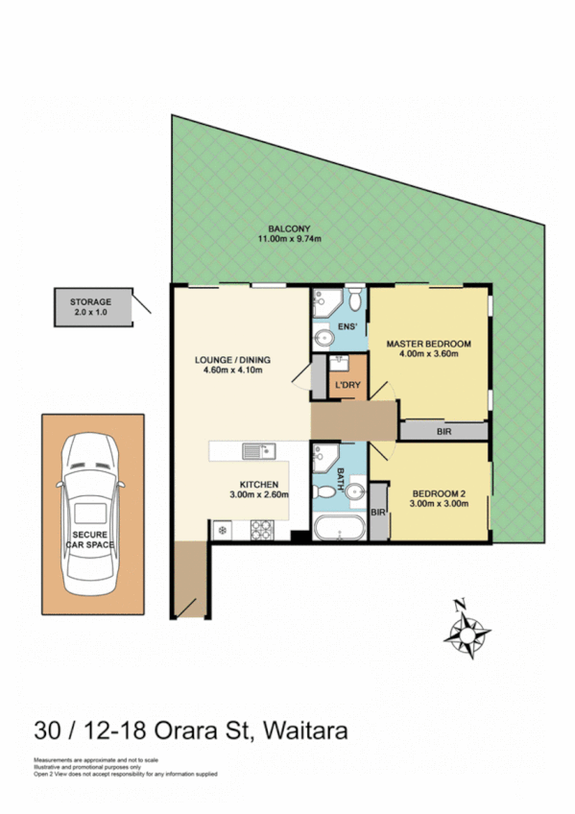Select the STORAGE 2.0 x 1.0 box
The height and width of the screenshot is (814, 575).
point(90,306)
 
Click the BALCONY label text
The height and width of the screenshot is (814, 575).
point(286,227)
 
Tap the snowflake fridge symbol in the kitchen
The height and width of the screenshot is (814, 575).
point(222,529)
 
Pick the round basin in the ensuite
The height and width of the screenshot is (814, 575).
point(321,337)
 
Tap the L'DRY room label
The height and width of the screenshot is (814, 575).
point(347,385)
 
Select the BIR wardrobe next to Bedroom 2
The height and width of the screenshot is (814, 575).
point(378,513)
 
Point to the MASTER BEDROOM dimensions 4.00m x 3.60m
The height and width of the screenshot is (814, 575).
point(427,354)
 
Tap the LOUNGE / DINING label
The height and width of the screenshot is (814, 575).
point(232,360)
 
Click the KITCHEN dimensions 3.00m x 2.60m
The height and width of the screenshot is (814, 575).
point(259,495)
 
